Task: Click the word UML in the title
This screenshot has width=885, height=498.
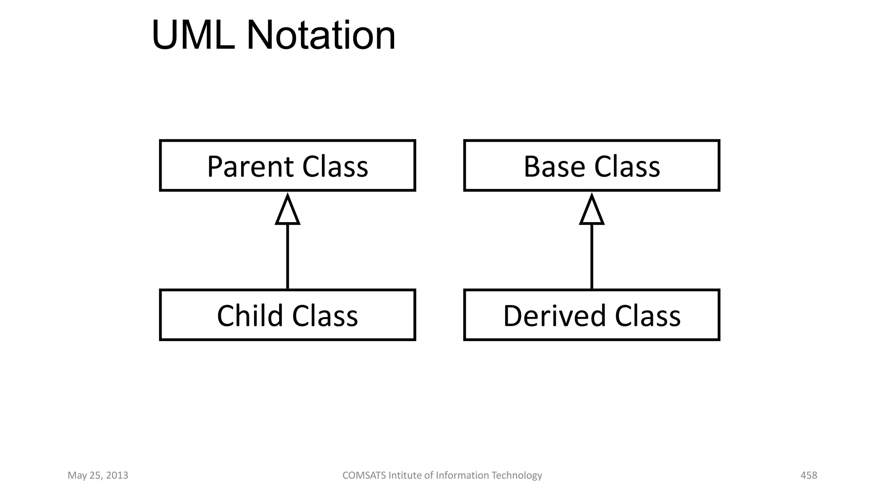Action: (193, 35)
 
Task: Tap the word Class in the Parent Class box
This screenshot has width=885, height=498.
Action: (335, 167)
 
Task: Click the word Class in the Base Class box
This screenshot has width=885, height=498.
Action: (627, 167)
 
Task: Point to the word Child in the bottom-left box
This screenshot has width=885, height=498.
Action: (250, 316)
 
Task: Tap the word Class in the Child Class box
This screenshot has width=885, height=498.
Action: (325, 316)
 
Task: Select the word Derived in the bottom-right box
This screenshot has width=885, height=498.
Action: (554, 316)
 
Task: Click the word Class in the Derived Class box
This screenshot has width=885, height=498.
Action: (647, 316)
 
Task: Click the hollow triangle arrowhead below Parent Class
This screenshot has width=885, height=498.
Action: (288, 211)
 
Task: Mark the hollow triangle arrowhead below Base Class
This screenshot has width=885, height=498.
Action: (592, 211)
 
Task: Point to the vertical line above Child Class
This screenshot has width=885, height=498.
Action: (288, 257)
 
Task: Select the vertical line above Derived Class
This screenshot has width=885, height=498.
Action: (592, 257)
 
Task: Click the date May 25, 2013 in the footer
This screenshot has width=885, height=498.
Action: (98, 476)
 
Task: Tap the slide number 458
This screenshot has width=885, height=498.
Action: (809, 476)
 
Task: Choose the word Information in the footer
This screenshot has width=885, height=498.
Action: (462, 476)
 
